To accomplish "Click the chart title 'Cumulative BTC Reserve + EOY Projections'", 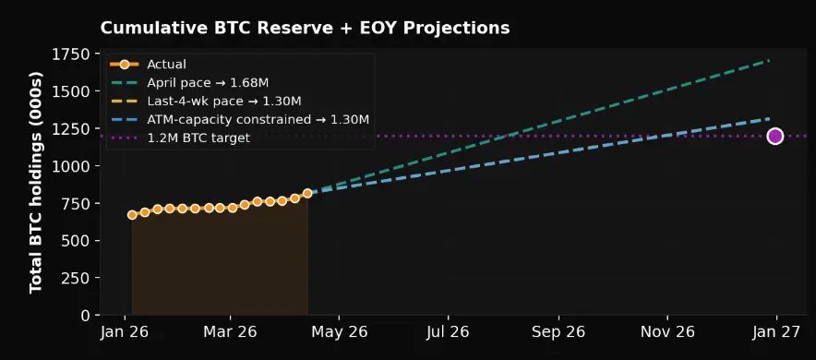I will click(305, 28).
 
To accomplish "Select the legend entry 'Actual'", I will click(166, 65).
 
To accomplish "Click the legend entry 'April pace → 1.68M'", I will click(208, 83).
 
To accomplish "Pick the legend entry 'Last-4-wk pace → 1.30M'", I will click(224, 101).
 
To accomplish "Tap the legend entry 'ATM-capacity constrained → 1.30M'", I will click(258, 119).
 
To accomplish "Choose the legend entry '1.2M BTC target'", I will click(199, 137).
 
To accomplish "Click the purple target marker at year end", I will click(774, 136).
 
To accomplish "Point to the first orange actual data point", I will click(132, 214).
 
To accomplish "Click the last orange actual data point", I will click(307, 194).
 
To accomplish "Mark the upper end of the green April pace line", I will click(769, 61).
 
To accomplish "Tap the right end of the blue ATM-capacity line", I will click(769, 118).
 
